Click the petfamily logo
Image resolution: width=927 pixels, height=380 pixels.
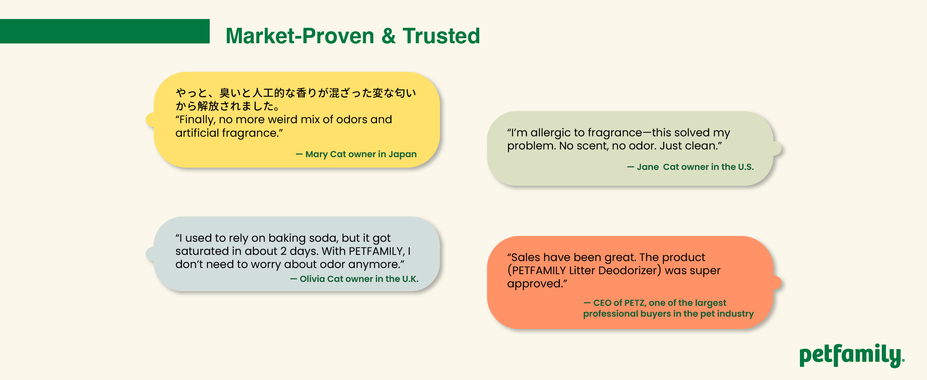tap(852, 356)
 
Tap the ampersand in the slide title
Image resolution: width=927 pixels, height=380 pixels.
tap(389, 36)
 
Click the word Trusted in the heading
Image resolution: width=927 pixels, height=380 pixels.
tap(441, 36)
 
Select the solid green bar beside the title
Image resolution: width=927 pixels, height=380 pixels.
tap(105, 31)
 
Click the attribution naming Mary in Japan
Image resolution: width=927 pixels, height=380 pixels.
tap(356, 154)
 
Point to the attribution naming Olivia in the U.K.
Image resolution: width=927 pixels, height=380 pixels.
tap(354, 279)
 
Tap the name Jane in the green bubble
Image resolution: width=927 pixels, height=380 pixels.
tap(648, 167)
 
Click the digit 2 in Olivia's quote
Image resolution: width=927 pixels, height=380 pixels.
tap(284, 251)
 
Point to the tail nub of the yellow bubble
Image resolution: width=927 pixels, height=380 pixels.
tap(150, 120)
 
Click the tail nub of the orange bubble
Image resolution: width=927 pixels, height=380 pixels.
tap(777, 283)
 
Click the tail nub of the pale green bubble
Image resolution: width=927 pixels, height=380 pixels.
tap(777, 149)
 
